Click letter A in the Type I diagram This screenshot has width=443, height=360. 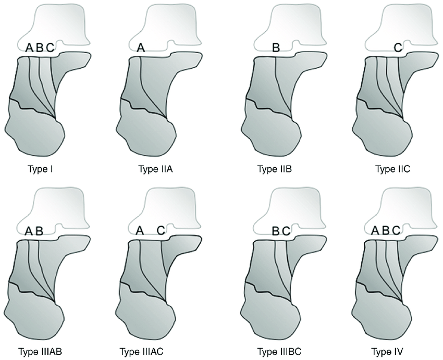coord(30,48)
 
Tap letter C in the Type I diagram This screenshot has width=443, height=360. coord(50,48)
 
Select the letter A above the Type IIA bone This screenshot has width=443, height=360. coord(140,48)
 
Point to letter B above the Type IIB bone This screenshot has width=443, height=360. coord(276,48)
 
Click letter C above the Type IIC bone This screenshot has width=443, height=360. coord(398,48)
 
